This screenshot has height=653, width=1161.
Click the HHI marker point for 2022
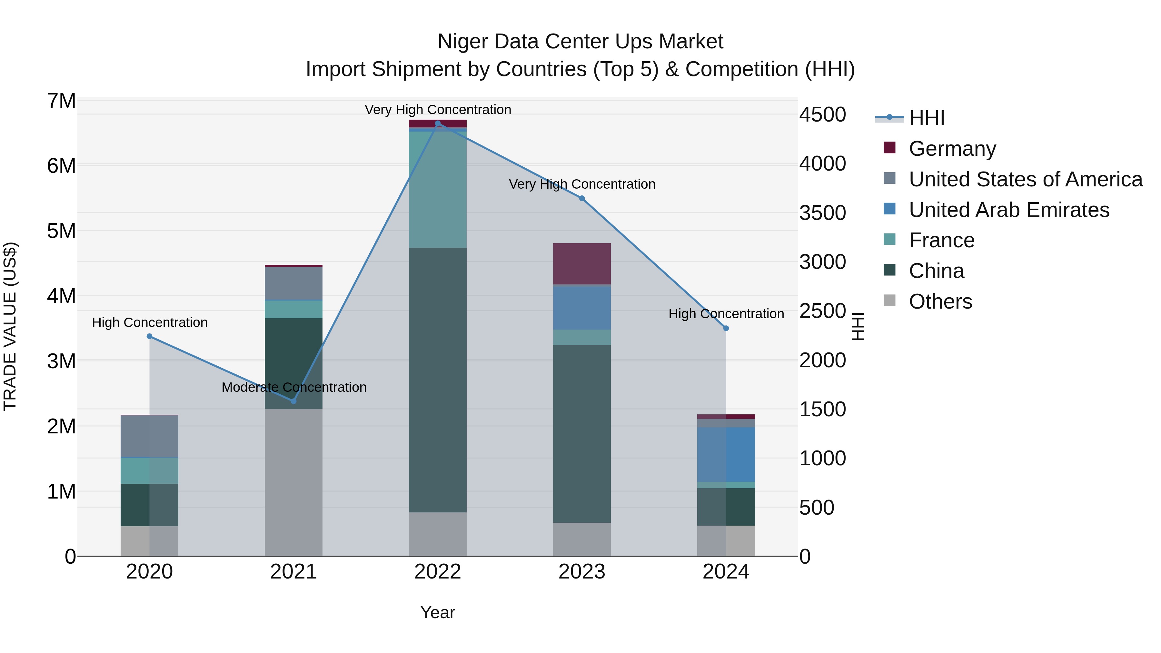[438, 124]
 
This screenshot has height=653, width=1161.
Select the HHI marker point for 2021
[293, 401]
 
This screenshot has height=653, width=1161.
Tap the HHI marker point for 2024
[726, 329]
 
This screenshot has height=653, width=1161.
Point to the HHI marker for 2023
[582, 198]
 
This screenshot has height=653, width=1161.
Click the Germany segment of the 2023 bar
[582, 264]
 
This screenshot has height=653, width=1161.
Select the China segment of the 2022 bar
[438, 380]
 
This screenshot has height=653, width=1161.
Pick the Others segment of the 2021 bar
[293, 482]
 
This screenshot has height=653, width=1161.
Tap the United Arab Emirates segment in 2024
[726, 454]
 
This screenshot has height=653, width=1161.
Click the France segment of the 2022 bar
[438, 189]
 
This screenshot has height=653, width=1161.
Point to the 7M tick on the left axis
[61, 101]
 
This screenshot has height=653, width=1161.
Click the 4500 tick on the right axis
[822, 114]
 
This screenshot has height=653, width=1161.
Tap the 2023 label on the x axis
[582, 572]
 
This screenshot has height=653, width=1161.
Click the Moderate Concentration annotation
[294, 387]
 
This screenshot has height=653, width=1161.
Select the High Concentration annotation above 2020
[150, 323]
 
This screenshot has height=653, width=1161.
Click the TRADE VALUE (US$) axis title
[10, 326]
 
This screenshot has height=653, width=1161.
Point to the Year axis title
[438, 612]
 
